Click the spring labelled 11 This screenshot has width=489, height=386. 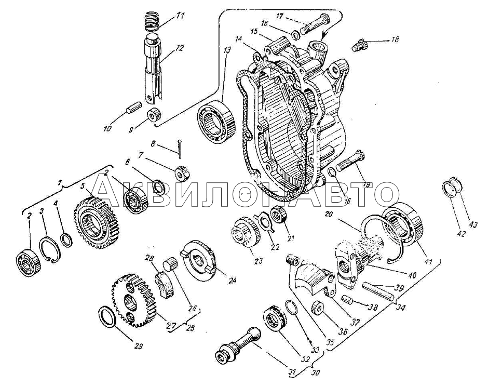pyautogui.click(x=151, y=22)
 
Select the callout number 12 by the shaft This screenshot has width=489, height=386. pyautogui.click(x=180, y=48)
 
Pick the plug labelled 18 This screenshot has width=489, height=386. pyautogui.click(x=359, y=45)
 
